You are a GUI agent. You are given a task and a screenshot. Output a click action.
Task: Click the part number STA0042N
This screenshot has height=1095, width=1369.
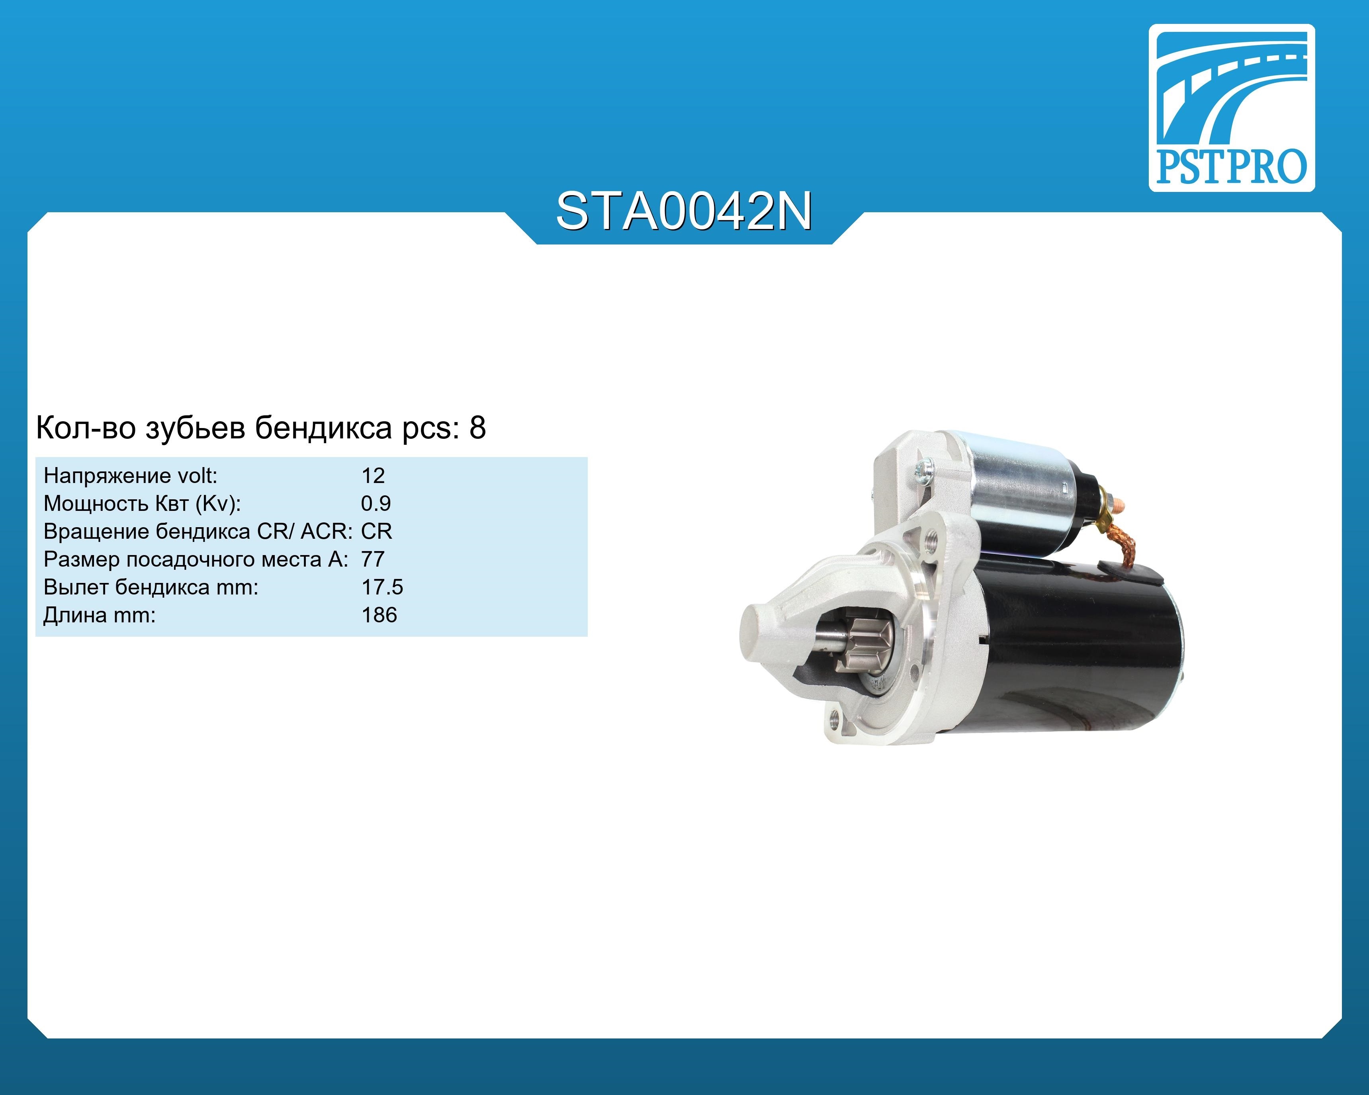tap(684, 211)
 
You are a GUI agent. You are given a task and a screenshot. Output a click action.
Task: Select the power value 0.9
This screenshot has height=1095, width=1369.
tap(376, 503)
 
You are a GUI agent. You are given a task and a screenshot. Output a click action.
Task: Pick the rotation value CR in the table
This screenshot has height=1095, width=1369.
tap(377, 531)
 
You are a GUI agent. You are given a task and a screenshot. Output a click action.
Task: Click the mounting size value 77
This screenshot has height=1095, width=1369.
tap(373, 559)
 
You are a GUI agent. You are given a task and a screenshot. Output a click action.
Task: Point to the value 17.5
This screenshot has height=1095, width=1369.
tap(382, 587)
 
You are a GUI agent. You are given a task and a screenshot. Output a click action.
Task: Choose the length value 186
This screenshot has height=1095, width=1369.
tap(379, 615)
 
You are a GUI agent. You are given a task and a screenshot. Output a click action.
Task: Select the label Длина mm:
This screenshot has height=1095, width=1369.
tap(99, 616)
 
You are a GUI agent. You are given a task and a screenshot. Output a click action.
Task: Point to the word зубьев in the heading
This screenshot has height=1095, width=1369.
tap(196, 428)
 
